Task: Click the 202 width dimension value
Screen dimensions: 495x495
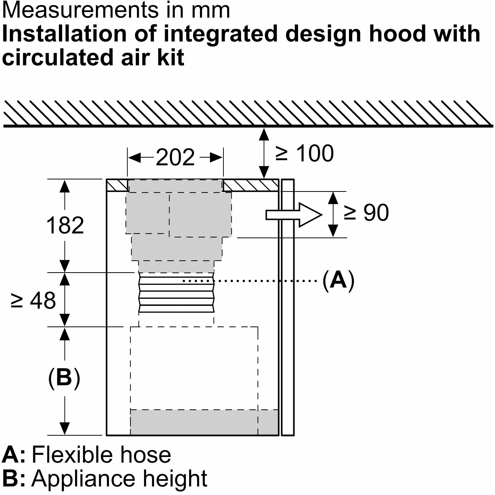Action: [x=175, y=158]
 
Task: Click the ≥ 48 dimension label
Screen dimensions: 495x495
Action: [x=33, y=300]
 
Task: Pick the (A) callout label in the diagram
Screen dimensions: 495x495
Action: [x=338, y=281]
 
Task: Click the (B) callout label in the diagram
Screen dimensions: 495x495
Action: [x=64, y=378]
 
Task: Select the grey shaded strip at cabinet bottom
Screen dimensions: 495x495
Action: [x=204, y=426]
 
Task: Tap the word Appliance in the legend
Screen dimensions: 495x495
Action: [x=84, y=479]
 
